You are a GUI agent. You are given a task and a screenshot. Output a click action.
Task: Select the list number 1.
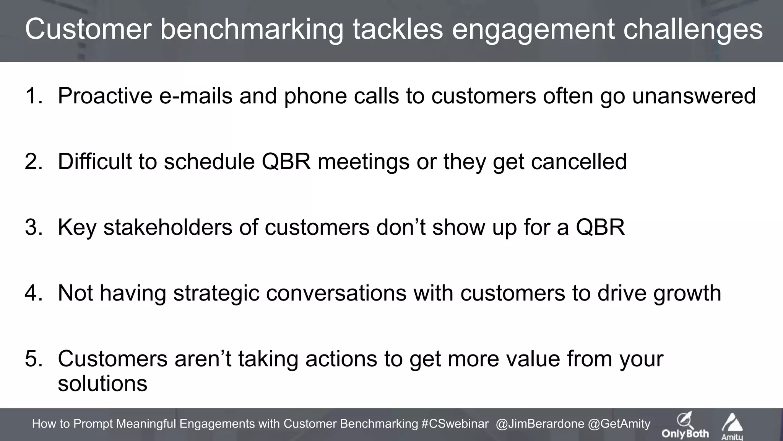pos(34,96)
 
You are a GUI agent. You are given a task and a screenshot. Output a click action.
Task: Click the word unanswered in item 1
pos(694,96)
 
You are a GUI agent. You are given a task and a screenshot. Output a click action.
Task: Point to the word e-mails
pos(195,96)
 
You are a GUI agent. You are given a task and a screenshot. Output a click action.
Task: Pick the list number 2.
pos(34,162)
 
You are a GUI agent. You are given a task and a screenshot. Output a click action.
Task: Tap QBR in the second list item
pos(286,162)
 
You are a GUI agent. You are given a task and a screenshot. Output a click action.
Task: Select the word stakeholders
pos(168,227)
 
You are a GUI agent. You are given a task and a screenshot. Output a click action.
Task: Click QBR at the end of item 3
pos(600,227)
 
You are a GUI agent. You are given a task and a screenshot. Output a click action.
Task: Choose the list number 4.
pos(34,293)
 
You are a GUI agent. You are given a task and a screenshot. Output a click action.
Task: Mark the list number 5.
pos(34,359)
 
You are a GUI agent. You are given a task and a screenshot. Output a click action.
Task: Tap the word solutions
pos(102,384)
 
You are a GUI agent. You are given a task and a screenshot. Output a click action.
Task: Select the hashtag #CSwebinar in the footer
pos(455,424)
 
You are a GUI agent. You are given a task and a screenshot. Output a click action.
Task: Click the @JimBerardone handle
pos(540,424)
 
